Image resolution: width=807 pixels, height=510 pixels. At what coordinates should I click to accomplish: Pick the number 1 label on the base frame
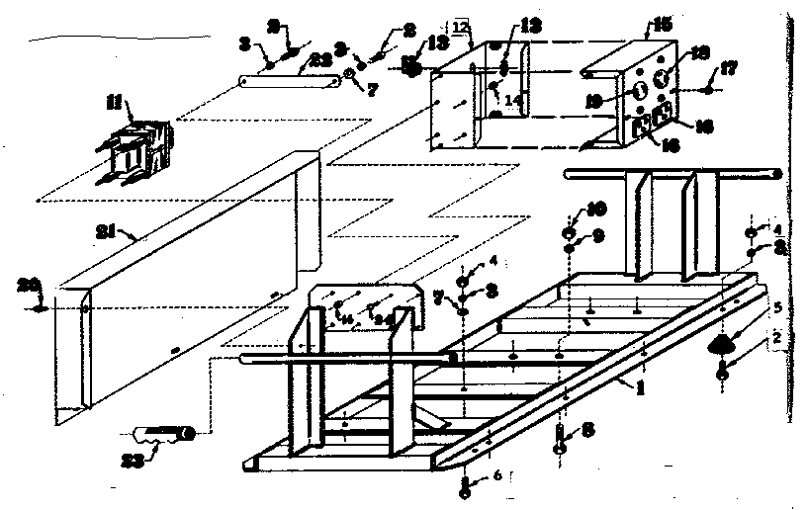tap(641, 387)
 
